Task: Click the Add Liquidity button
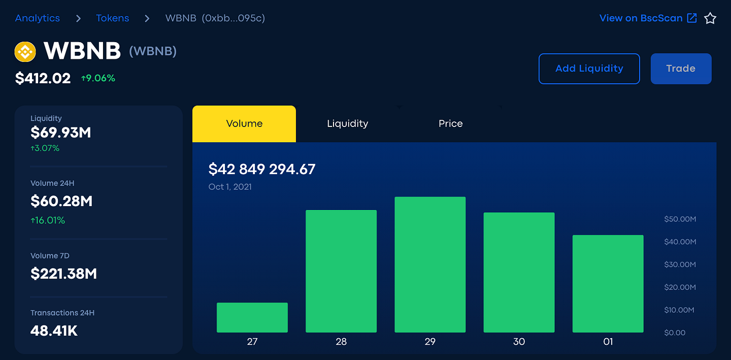point(589,69)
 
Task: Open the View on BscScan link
point(648,18)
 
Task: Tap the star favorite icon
point(710,19)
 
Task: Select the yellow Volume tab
point(244,123)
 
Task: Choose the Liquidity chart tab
point(347,123)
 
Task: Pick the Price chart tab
point(450,123)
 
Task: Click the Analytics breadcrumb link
point(38,18)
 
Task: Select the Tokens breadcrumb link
point(112,18)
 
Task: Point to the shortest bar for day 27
point(252,317)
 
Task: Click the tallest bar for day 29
point(430,265)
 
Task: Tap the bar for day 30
point(519,272)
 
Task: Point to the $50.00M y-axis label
point(680,219)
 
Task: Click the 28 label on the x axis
point(341,342)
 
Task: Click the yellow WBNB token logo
point(25,51)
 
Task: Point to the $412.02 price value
point(43,78)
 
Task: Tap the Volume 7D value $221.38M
point(63,274)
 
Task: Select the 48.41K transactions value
point(54,331)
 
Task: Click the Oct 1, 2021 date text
point(230,187)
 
